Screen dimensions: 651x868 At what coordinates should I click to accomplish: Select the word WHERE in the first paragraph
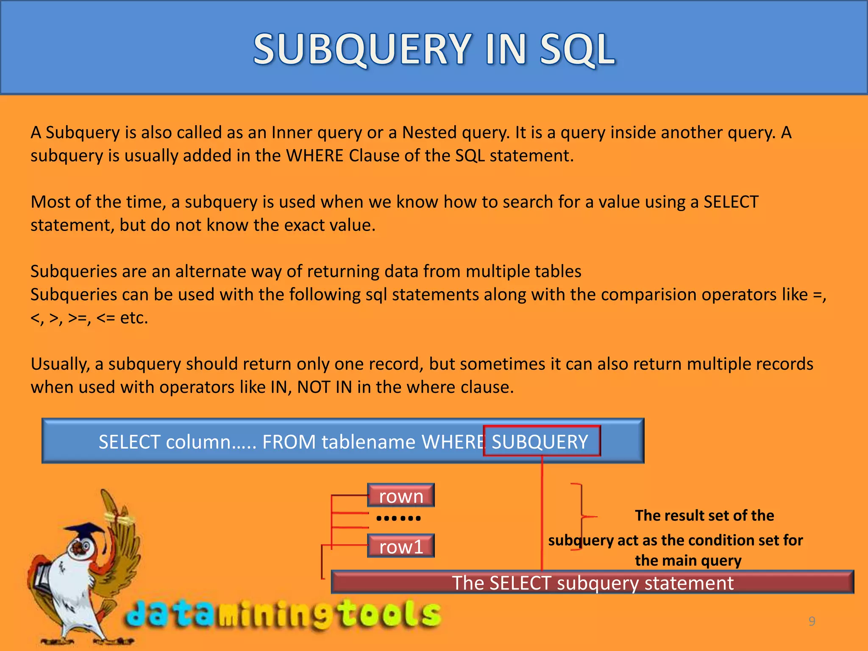pos(314,156)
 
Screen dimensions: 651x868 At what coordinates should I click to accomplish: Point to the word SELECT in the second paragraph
pos(731,202)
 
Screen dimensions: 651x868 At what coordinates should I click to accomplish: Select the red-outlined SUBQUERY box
pos(541,441)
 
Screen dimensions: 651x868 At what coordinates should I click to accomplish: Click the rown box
pos(401,495)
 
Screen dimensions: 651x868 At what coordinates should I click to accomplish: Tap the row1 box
pos(401,546)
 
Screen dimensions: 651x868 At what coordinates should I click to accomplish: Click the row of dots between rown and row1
pos(398,518)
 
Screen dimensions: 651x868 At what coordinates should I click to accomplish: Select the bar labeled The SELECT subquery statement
pos(592,582)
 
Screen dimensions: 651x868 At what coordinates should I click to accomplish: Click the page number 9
pos(812,621)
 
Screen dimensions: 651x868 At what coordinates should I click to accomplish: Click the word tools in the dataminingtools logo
pos(390,614)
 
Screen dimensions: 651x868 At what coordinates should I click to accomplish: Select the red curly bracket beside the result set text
pos(581,517)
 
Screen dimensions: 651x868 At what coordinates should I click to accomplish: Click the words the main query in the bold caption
pos(688,560)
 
